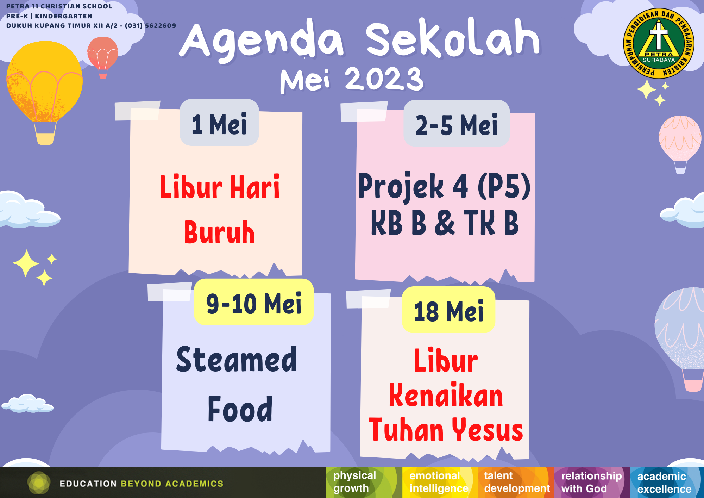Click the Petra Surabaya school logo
(x=659, y=43)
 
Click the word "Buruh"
(x=220, y=232)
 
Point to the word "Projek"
(x=401, y=186)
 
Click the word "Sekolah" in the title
(x=453, y=39)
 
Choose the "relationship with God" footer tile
(x=592, y=482)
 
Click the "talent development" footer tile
(x=516, y=482)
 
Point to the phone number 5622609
(x=161, y=26)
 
